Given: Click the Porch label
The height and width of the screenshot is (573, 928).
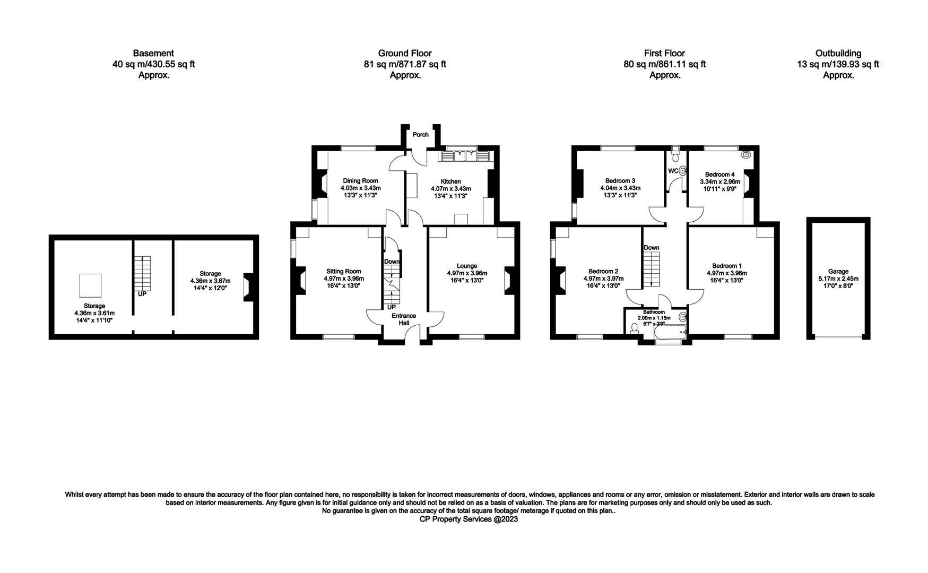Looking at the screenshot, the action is (421, 135).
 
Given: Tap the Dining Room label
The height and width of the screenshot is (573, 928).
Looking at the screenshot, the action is (360, 181).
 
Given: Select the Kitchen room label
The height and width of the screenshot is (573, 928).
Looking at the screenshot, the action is (450, 181).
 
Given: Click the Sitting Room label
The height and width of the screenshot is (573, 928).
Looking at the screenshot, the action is (344, 271).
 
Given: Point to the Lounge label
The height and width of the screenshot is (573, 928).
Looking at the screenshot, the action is (467, 266).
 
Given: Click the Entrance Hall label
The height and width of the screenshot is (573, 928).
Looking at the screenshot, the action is (404, 319).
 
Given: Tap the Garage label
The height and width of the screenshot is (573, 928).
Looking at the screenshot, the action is (838, 271).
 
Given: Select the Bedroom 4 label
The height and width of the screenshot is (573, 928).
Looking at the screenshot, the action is (720, 174).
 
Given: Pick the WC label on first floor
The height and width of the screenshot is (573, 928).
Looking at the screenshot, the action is (673, 171).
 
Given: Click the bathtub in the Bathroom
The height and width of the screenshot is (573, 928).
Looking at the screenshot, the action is (671, 333).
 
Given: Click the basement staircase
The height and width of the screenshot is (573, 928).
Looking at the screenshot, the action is (143, 273).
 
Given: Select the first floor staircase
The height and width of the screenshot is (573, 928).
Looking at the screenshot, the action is (652, 270).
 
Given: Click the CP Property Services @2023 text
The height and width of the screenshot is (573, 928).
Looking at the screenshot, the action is (469, 519).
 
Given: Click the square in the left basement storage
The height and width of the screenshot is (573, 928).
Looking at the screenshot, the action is (90, 285).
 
